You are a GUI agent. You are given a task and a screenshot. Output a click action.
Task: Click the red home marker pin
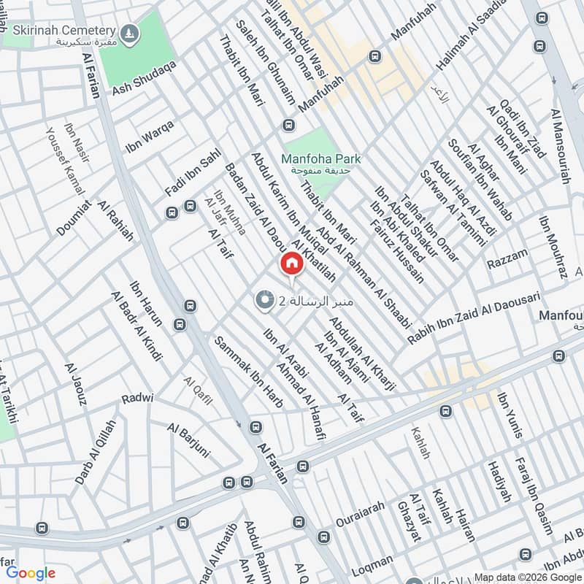point(291,264)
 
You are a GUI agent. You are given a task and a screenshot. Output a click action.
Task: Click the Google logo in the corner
point(31,573)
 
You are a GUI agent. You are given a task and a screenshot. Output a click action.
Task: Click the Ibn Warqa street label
point(150,134)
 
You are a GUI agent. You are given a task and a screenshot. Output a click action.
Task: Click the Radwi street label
point(137,399)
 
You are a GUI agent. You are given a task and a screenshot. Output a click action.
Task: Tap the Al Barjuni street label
point(188,440)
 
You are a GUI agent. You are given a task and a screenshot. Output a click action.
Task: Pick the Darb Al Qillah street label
point(94,453)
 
